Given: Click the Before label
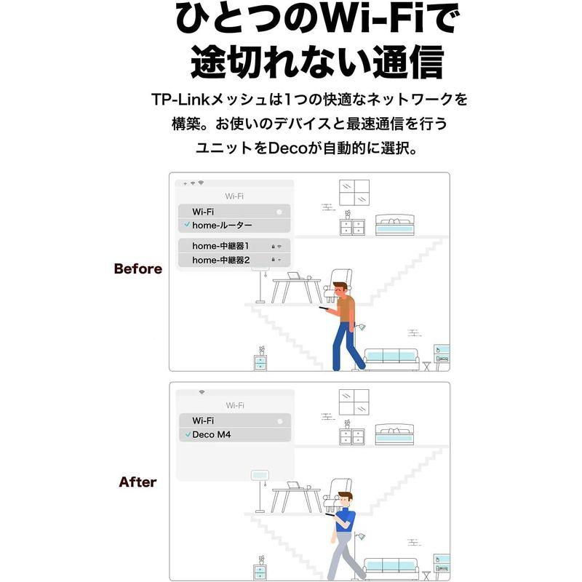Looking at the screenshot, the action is [x=137, y=268].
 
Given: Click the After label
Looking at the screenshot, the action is [x=137, y=482].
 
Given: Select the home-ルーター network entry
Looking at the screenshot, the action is [x=222, y=226].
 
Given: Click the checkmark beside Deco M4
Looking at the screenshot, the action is [x=187, y=434].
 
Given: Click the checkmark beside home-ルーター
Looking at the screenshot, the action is [x=187, y=226].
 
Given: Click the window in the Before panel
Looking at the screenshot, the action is [x=354, y=192].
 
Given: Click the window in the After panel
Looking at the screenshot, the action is [x=354, y=402].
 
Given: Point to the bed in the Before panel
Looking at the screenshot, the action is [x=394, y=226].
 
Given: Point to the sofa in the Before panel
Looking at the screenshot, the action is [x=391, y=358].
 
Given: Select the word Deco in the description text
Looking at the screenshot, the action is [x=290, y=148].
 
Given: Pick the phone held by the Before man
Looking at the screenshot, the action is [x=324, y=308].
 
